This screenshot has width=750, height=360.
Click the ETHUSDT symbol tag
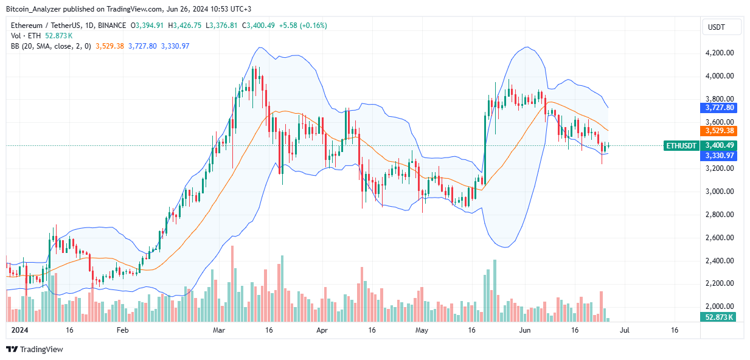click(681, 145)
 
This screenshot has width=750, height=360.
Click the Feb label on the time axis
click(122, 330)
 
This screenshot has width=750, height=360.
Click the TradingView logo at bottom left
click(35, 350)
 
